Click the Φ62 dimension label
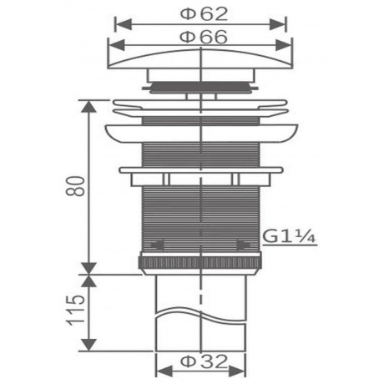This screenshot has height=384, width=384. pyautogui.click(x=204, y=14)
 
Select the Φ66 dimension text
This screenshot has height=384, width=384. pyautogui.click(x=204, y=37)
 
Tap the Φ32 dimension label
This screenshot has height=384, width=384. pyautogui.click(x=204, y=361)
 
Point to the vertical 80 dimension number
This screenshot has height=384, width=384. pyautogui.click(x=75, y=186)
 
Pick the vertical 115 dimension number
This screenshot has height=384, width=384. pyautogui.click(x=75, y=311)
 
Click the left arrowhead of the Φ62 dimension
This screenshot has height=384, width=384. pyautogui.click(x=124, y=24)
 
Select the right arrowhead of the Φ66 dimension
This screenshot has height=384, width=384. pyautogui.click(x=284, y=45)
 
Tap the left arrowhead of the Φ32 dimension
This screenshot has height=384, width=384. pyautogui.click(x=164, y=371)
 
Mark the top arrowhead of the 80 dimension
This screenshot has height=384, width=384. pyautogui.click(x=88, y=107)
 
